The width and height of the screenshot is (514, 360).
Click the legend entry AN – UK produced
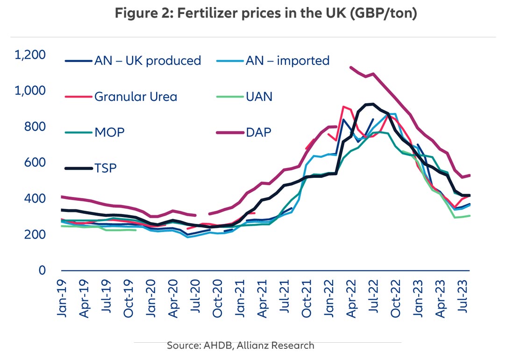tap(148, 61)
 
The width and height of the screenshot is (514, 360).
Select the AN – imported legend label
tap(287, 61)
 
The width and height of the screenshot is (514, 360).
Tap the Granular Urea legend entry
tap(136, 97)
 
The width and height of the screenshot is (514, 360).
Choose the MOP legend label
tap(109, 133)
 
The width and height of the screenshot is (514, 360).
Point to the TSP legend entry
tap(106, 168)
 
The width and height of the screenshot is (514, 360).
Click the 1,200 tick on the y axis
tap(30, 55)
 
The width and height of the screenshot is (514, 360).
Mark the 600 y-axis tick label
tap(37, 162)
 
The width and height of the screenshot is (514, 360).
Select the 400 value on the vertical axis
tap(37, 198)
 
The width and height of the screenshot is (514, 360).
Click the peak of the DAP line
tap(351, 67)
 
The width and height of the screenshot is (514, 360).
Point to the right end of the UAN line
tap(470, 215)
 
